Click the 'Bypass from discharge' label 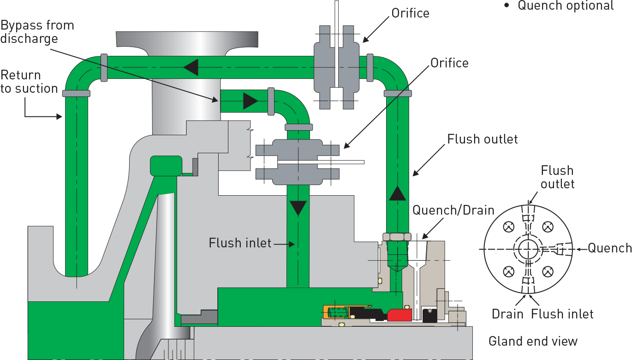(x=37, y=32)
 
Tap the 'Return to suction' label (x=29, y=82)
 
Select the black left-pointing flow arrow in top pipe (x=191, y=67)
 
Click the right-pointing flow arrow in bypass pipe (x=250, y=101)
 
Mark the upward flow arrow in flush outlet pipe (x=397, y=193)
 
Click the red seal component (x=399, y=315)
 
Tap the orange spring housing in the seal (x=336, y=313)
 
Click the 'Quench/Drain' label (x=453, y=210)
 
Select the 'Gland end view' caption (x=533, y=342)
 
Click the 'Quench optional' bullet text (x=566, y=6)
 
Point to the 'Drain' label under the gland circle (x=507, y=314)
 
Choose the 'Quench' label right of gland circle (x=610, y=248)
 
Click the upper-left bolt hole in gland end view (x=509, y=227)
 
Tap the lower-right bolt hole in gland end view (x=548, y=272)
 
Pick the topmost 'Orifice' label (x=410, y=13)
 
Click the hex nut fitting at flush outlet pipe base (x=397, y=237)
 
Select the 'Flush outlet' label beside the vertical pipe (x=483, y=139)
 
